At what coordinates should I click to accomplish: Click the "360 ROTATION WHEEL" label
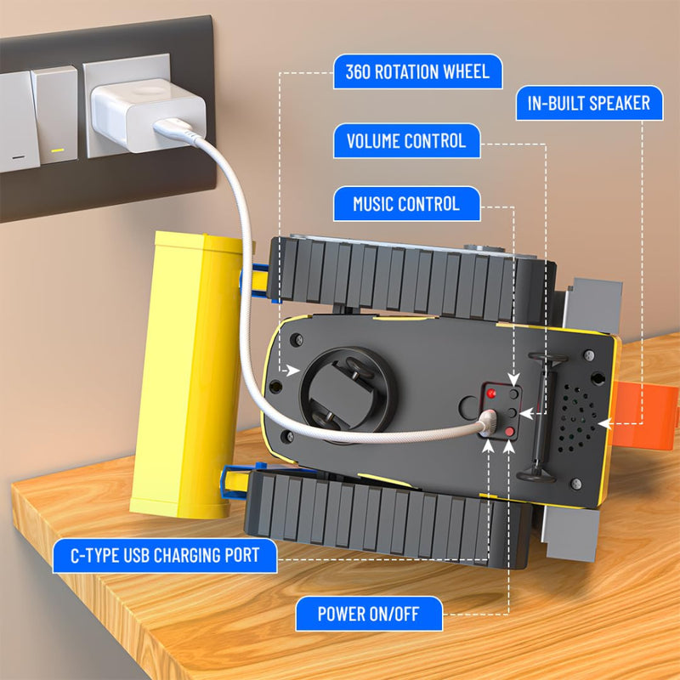(x=417, y=71)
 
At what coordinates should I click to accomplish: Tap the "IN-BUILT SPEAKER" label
(x=589, y=103)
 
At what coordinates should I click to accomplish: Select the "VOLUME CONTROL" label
(x=407, y=141)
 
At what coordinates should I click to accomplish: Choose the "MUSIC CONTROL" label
(x=407, y=204)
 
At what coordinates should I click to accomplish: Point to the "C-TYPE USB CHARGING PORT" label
(x=165, y=556)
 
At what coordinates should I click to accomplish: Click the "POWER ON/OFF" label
(x=369, y=614)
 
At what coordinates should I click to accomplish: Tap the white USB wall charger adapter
(x=147, y=114)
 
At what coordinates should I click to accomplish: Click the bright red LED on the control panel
(x=491, y=394)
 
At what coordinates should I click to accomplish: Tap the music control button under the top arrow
(x=514, y=394)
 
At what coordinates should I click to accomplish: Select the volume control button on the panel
(x=512, y=412)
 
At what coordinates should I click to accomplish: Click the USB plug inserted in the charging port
(x=488, y=422)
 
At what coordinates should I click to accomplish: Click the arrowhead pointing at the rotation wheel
(x=293, y=371)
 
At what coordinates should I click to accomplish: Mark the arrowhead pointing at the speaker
(x=604, y=423)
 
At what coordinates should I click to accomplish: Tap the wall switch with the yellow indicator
(x=54, y=115)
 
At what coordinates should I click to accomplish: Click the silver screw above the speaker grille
(x=589, y=355)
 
